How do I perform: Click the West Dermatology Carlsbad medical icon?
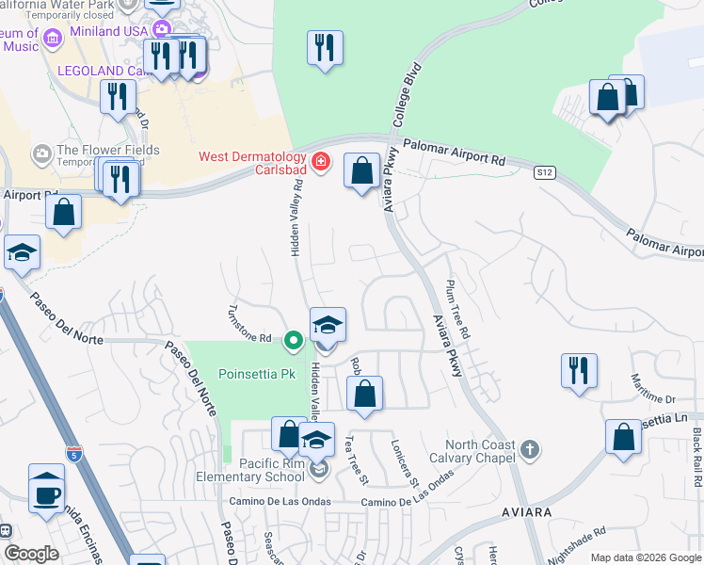coord(321,162)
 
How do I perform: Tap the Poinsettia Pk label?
coord(257,373)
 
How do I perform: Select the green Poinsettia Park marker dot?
coord(294,340)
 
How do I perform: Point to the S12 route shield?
coord(544,172)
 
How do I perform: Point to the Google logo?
coord(31,554)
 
